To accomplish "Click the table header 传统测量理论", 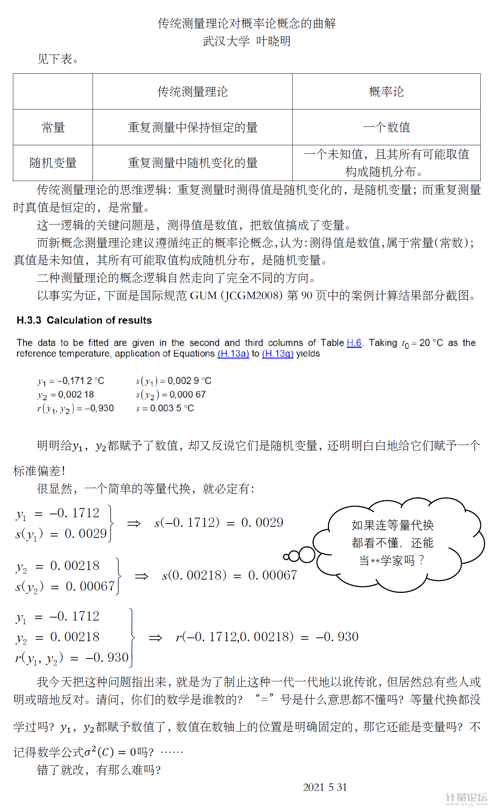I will click(192, 91).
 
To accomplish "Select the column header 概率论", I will click(386, 91).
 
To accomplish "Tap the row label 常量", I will click(53, 127).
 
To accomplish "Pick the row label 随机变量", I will click(53, 163).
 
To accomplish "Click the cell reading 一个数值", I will click(386, 127).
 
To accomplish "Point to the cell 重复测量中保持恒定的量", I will click(192, 127).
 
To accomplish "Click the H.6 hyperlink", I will click(354, 343).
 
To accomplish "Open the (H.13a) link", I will click(233, 354).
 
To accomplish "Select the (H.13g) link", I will click(278, 354).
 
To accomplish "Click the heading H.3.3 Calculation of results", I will click(84, 320).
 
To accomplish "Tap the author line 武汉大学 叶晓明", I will click(246, 41).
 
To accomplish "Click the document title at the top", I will click(246, 23).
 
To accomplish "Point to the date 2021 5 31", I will click(325, 787).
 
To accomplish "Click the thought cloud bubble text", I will click(393, 542).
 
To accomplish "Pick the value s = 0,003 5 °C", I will click(165, 408).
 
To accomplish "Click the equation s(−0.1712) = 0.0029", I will click(219, 522).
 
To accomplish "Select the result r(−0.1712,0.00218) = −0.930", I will click(267, 637).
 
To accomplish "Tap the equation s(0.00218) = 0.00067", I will click(229, 575).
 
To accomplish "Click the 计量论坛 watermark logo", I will click(466, 799).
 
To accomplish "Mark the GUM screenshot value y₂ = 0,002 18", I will click(66, 394).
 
